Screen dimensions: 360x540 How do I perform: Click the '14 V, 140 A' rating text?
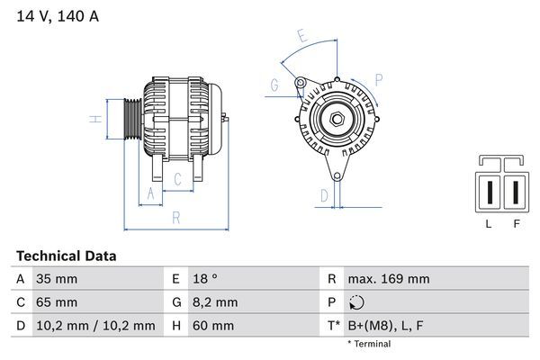[x=55, y=15]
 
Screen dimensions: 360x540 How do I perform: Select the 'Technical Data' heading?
[x=66, y=256]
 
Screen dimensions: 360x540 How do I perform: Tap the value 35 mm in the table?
[x=56, y=279]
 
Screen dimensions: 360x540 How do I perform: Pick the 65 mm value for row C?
[x=56, y=301]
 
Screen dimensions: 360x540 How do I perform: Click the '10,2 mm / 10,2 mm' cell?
[x=94, y=325]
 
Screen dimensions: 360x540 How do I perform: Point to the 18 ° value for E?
[x=206, y=279]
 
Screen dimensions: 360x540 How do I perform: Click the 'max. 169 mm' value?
[x=391, y=279]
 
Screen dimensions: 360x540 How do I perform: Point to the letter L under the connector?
[x=488, y=224]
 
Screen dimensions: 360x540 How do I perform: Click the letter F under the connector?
[x=517, y=224]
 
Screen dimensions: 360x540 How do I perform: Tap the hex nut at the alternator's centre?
[x=335, y=119]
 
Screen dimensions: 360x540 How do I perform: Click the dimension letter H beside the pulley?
[x=93, y=119]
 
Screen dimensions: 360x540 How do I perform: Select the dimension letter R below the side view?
[x=176, y=217]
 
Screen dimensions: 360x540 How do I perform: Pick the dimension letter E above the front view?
[x=302, y=38]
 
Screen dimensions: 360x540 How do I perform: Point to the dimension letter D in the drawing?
[x=324, y=193]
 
